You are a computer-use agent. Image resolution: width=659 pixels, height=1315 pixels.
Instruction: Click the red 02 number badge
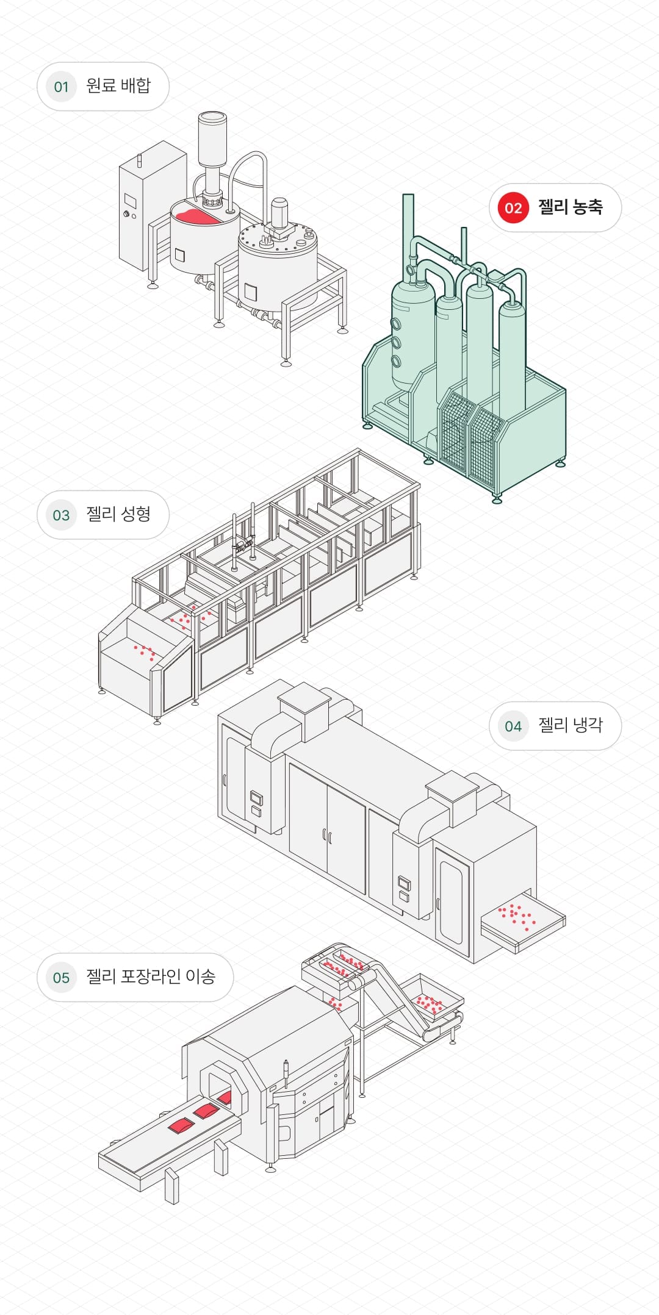click(513, 208)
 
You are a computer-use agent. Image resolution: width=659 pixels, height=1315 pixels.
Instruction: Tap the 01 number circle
click(61, 87)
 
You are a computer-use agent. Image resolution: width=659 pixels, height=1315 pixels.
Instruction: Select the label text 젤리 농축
click(570, 207)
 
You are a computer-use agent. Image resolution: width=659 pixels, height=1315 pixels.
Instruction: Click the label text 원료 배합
click(118, 86)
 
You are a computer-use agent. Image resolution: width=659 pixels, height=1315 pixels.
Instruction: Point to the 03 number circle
click(61, 515)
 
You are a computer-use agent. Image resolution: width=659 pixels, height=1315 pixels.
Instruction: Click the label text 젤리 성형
click(118, 514)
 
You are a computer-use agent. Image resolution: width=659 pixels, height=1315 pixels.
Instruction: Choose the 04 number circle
click(513, 726)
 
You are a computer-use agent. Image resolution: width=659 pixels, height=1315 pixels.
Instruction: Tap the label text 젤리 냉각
click(570, 725)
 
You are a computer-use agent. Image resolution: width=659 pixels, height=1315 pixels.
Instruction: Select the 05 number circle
click(61, 978)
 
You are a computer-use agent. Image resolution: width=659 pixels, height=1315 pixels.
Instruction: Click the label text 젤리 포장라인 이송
click(151, 977)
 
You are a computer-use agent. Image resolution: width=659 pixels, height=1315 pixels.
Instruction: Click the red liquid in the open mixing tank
click(194, 216)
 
